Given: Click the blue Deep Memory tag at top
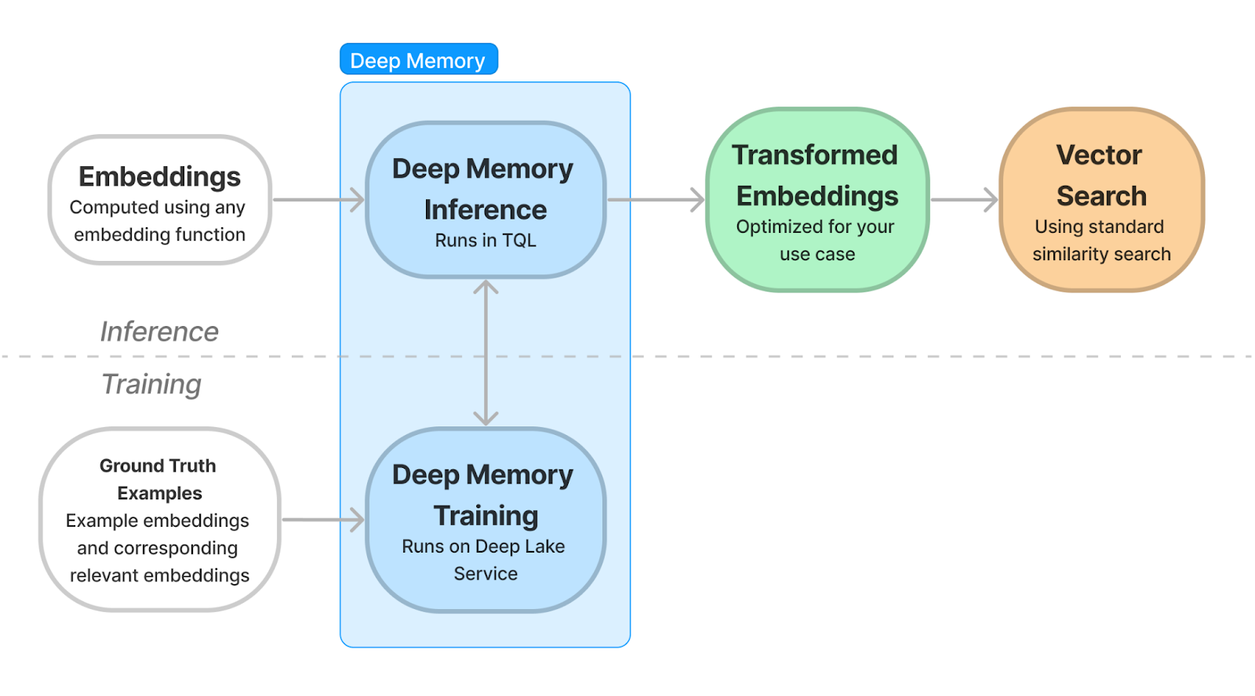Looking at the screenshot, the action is click(x=419, y=59).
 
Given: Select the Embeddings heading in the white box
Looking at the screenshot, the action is click(x=160, y=176).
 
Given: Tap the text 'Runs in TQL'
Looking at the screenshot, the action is click(x=486, y=240).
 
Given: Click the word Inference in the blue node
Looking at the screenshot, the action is click(x=486, y=210).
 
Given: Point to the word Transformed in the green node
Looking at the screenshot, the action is click(x=815, y=155).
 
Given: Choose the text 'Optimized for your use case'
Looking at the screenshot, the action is click(x=816, y=240).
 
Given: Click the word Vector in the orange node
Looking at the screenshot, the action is click(x=1099, y=155).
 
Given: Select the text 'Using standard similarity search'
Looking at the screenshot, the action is click(x=1101, y=240).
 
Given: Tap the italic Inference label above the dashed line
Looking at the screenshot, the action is click(x=159, y=332).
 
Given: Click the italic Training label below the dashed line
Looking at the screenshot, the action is click(x=151, y=384).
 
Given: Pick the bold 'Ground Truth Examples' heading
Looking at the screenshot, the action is click(x=158, y=480).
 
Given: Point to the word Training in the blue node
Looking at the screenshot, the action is click(x=486, y=516).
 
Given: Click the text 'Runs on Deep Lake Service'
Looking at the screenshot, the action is click(x=484, y=560).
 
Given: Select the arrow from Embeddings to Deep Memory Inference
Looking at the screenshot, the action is click(x=318, y=200).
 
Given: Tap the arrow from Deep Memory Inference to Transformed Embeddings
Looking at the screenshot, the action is click(x=656, y=200).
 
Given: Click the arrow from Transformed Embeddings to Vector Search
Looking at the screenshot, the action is click(x=964, y=200).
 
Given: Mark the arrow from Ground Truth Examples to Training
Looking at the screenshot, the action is click(x=322, y=520).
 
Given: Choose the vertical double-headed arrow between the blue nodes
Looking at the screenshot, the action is click(x=486, y=353).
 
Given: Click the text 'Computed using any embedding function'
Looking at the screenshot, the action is click(x=158, y=220).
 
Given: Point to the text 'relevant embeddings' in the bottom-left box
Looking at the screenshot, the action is click(x=160, y=575).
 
